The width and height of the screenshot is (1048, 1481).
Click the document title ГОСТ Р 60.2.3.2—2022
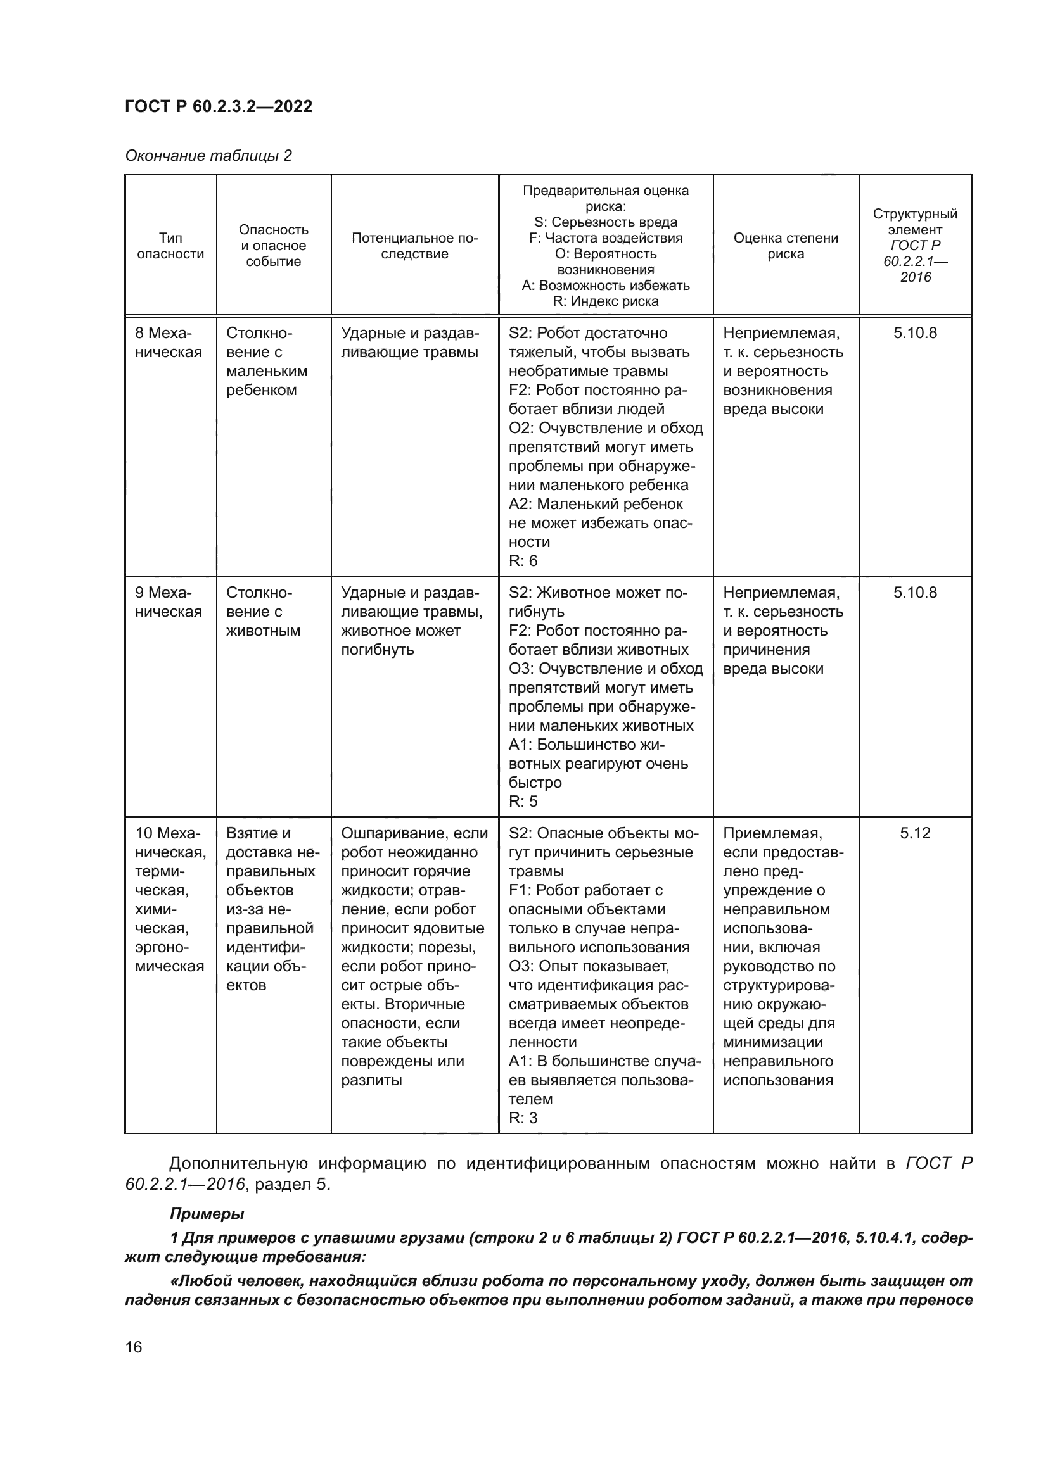tap(218, 106)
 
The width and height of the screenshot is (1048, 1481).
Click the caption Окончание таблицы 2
tap(208, 156)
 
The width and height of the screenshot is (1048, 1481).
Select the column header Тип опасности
tap(170, 246)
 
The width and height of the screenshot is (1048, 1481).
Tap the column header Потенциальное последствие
tap(414, 246)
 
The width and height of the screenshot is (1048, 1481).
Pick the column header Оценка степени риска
tap(785, 246)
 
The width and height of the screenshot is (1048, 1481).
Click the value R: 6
tap(523, 560)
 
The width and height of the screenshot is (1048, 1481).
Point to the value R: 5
tap(523, 801)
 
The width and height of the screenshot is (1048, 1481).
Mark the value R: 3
tap(523, 1118)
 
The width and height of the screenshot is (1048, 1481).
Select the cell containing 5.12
tap(914, 833)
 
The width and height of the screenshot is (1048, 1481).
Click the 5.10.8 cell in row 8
tap(914, 334)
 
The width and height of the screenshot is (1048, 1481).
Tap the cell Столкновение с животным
tap(263, 612)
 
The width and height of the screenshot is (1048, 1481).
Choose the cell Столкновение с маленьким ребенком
tap(267, 362)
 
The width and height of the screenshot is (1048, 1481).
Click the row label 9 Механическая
tap(168, 602)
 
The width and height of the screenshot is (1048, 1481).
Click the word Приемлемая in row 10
tap(772, 833)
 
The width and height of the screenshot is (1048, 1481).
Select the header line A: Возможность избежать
tap(605, 286)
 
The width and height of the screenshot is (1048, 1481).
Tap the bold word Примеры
tap(207, 1214)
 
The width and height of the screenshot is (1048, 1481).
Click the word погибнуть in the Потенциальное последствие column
tap(377, 650)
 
